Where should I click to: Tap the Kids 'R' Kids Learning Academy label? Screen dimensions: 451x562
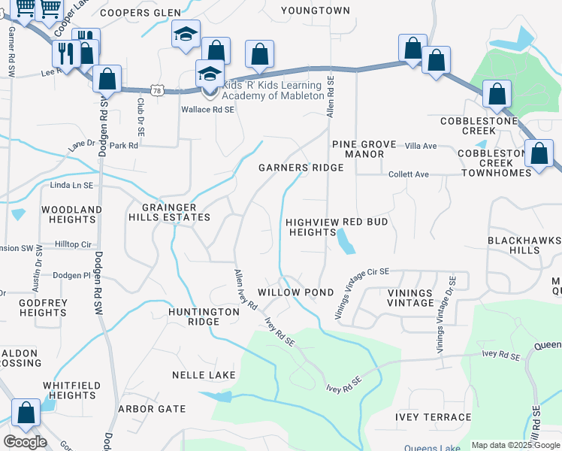click(273, 90)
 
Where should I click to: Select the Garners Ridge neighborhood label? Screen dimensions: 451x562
click(301, 168)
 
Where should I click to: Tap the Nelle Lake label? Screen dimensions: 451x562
click(204, 374)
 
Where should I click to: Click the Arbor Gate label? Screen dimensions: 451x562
click(152, 409)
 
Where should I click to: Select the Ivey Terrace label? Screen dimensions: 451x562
click(434, 417)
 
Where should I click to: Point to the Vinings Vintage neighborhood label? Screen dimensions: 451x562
click(411, 298)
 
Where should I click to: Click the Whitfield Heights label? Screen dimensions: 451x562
click(69, 390)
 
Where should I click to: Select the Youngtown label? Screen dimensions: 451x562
click(316, 11)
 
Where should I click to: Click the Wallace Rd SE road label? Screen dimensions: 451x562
click(207, 109)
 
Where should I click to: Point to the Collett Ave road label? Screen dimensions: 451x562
click(409, 174)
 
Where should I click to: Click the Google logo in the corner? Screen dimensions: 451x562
click(25, 442)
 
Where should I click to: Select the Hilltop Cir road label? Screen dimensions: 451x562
click(73, 244)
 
